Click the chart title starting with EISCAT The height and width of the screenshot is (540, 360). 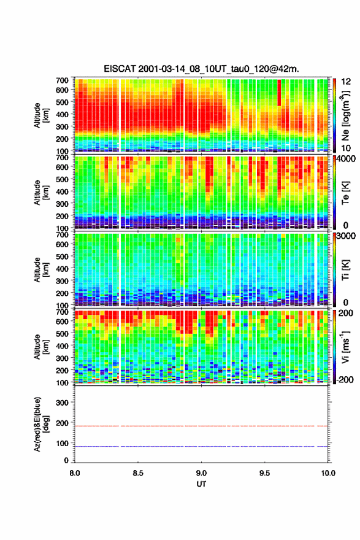click(201, 69)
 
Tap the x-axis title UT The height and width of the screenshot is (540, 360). click(201, 484)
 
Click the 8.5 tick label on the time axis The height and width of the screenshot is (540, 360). click(137, 473)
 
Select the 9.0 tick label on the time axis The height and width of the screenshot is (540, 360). click(201, 473)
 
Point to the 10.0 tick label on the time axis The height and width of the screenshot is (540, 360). click(328, 473)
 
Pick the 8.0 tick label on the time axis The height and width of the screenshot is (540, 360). click(75, 473)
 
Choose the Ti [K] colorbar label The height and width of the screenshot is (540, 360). click(345, 269)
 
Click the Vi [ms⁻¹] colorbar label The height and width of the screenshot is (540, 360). click(345, 347)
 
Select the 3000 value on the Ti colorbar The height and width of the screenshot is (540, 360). click(346, 236)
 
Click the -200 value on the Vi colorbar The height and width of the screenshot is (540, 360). click(345, 380)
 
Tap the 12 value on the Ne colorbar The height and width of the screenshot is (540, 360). click(346, 82)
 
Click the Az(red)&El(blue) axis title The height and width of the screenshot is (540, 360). click(41, 424)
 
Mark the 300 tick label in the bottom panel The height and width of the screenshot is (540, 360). click(62, 403)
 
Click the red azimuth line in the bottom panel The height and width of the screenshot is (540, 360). click(201, 426)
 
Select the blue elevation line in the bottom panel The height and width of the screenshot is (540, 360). click(201, 446)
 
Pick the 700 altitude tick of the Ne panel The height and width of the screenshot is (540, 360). click(62, 80)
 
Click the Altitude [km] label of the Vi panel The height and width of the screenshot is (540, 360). click(41, 347)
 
